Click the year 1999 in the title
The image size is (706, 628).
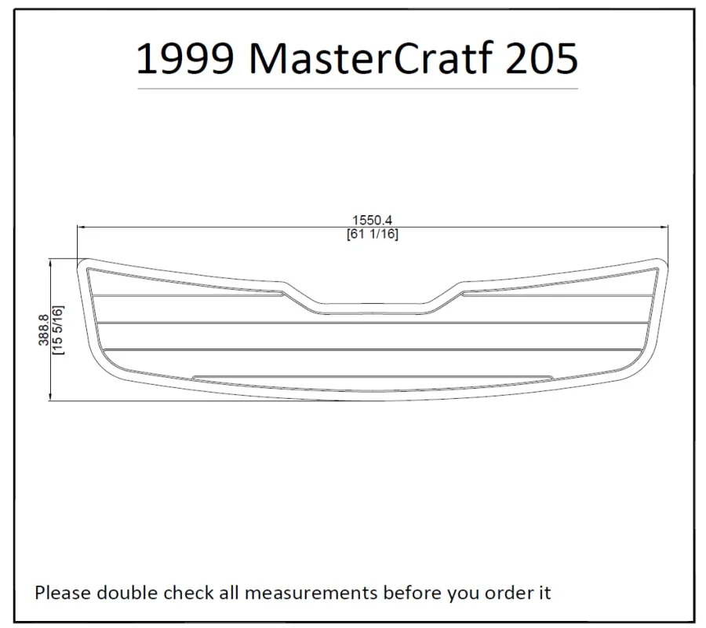coord(185,58)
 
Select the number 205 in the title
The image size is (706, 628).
coord(541,58)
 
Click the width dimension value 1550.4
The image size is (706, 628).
coord(372,220)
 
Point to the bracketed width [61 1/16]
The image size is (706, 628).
coord(373,234)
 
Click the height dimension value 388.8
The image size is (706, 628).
coord(44,330)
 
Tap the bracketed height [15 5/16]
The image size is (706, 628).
coord(58,330)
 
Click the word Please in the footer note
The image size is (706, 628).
coord(63,593)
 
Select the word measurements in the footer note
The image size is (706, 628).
coord(311,593)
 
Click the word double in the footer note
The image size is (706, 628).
coord(127,593)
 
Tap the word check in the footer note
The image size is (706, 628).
coord(189,593)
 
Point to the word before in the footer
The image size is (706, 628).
coord(413,593)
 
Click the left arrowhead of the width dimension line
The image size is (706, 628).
coord(82,228)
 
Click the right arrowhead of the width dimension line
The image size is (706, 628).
coord(664,228)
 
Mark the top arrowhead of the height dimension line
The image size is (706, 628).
coord(50,263)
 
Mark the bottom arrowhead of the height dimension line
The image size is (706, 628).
coord(50,396)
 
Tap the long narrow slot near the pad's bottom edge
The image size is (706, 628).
coord(373,378)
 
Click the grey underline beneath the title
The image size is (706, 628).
coord(358,89)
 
